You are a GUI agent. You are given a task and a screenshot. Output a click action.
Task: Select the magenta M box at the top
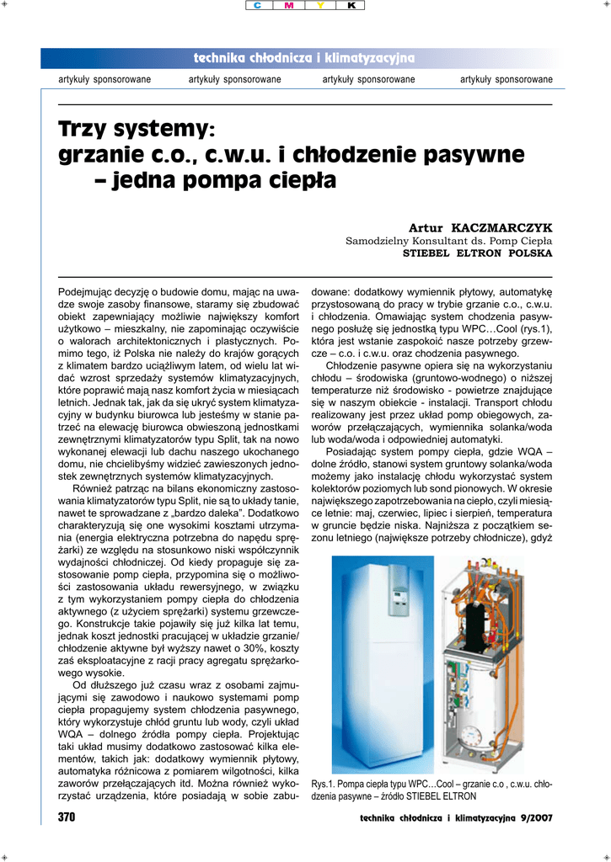(290, 6)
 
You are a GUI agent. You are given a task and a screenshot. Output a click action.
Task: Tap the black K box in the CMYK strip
(351, 6)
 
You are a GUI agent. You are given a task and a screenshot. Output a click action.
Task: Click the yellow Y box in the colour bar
(320, 6)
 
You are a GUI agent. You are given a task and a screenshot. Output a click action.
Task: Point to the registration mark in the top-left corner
(8, 7)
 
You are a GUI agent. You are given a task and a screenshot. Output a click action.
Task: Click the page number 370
(67, 817)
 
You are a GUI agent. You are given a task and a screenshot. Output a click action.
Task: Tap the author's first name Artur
(426, 228)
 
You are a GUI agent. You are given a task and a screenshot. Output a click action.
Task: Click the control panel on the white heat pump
(394, 602)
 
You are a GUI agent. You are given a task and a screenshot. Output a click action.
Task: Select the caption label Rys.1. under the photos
(323, 783)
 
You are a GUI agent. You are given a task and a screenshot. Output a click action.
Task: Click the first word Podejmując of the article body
(83, 290)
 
